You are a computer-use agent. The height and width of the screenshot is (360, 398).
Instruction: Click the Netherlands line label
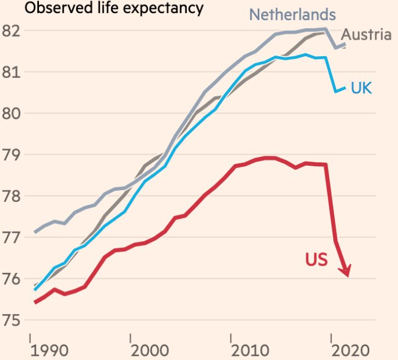coord(293,14)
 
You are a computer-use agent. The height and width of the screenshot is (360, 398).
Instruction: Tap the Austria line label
coord(367,34)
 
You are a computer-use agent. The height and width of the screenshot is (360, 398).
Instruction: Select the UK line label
coord(361,88)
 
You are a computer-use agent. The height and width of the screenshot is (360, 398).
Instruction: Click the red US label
coord(316,259)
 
